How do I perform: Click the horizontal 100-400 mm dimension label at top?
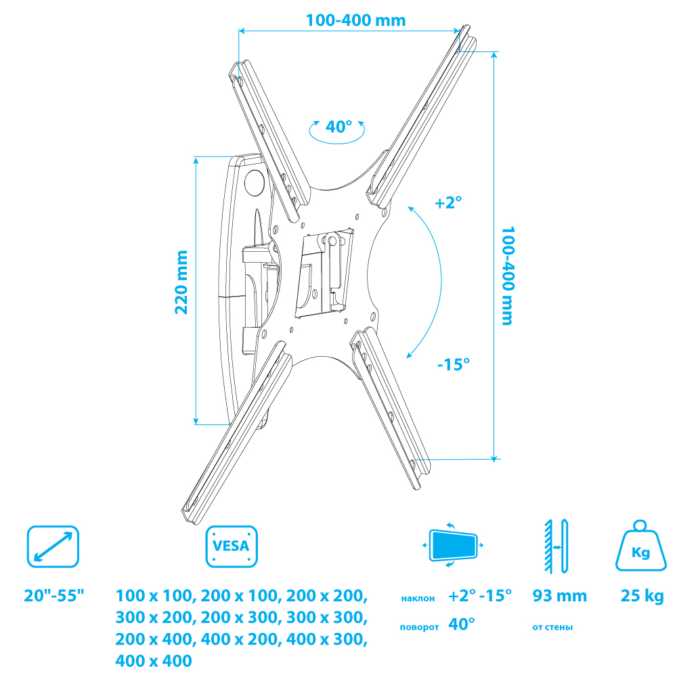click(356, 20)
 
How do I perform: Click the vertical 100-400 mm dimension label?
click(508, 276)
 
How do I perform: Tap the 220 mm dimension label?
click(181, 282)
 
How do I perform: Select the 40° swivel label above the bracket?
click(339, 127)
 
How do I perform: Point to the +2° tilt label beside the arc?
click(448, 202)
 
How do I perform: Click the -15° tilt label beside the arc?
click(454, 364)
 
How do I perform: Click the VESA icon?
click(232, 546)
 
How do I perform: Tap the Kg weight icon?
click(640, 546)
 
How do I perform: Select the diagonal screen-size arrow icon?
click(53, 546)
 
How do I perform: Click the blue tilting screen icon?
click(453, 545)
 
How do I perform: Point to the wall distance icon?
click(556, 546)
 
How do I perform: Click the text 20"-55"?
click(54, 595)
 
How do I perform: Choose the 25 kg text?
click(642, 596)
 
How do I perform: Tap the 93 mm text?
click(560, 596)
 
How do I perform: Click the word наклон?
click(418, 598)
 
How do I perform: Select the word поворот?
click(419, 628)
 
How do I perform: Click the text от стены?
click(552, 628)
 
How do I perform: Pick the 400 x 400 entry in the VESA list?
click(154, 661)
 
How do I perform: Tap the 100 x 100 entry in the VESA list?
click(154, 596)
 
